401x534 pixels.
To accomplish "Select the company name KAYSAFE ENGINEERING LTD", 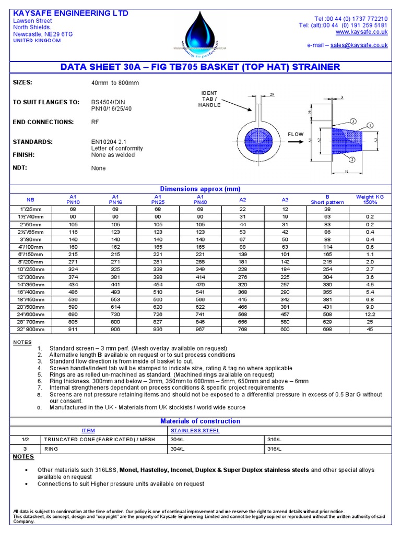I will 70,13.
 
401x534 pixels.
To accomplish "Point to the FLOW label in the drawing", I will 296,135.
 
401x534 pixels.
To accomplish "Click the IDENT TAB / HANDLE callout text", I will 209,99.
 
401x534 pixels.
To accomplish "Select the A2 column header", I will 243,199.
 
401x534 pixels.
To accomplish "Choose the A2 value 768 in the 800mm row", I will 243,330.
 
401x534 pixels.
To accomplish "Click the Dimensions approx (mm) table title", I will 200,189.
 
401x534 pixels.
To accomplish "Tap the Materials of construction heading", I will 200,421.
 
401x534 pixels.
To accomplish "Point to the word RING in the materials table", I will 54,448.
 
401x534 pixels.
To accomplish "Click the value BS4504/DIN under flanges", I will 110,102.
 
